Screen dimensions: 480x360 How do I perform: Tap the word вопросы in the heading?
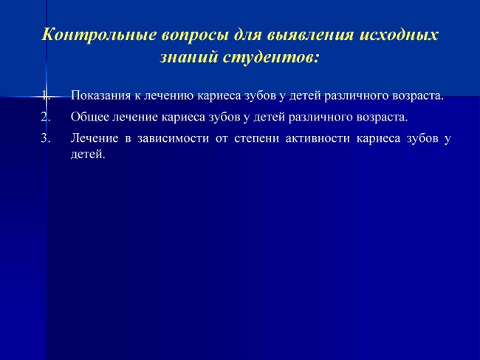click(195, 35)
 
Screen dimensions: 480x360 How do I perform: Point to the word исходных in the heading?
click(399, 35)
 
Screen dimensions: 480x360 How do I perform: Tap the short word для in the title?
click(248, 35)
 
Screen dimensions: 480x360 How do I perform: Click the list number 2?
click(46, 117)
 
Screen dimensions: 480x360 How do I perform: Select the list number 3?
click(46, 138)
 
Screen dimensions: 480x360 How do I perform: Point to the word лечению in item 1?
click(168, 95)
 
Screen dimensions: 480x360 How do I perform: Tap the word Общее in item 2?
click(90, 117)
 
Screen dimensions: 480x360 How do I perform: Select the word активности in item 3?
click(318, 138)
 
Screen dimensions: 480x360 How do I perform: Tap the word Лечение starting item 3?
click(95, 138)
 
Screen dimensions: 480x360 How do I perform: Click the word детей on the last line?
click(88, 154)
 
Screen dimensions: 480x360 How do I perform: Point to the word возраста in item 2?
click(382, 118)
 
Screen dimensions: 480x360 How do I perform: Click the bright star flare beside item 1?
click(47, 97)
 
